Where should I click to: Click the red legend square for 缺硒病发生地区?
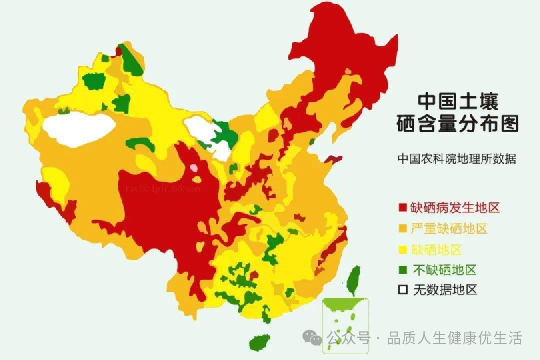(x=402, y=207)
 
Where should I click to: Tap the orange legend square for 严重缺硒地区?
(x=402, y=229)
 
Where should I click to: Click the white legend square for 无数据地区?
(x=402, y=290)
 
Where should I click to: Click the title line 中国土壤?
(x=458, y=101)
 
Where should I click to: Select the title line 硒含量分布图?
(x=457, y=123)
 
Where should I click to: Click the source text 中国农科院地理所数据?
(x=456, y=159)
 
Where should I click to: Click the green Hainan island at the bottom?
(x=259, y=343)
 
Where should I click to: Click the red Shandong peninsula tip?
(x=333, y=160)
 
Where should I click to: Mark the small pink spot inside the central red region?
(x=193, y=168)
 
